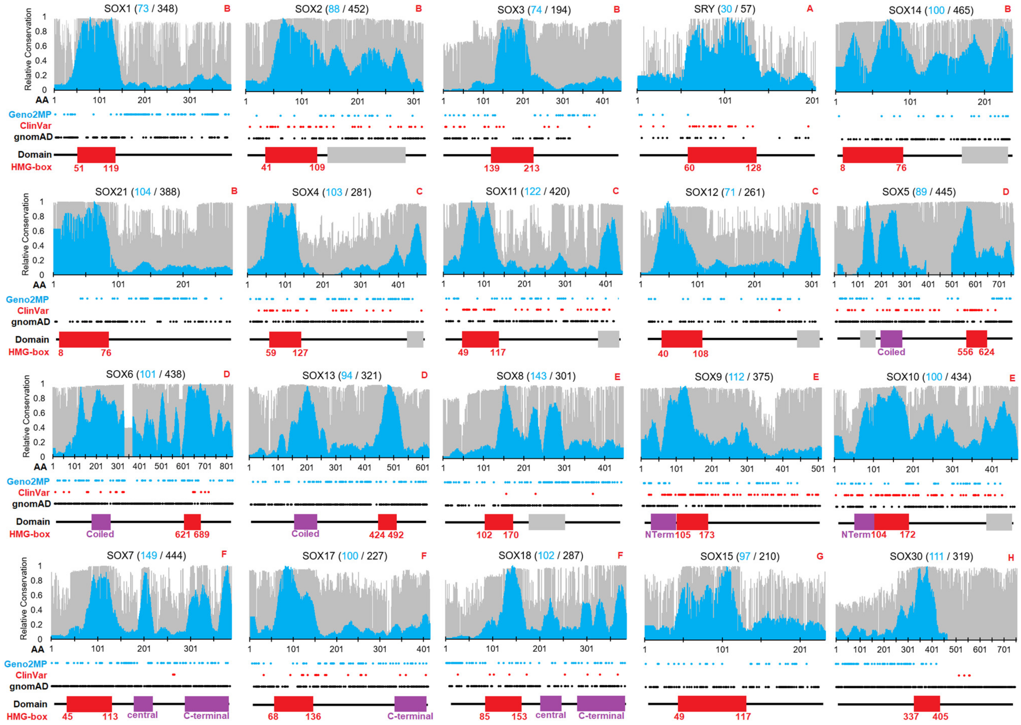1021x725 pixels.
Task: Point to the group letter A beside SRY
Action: tap(810, 9)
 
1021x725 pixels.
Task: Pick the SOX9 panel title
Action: tap(734, 377)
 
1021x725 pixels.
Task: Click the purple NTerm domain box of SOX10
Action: tap(864, 522)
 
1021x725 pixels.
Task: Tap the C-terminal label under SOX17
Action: tap(410, 716)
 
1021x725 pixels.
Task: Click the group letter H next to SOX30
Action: tap(1011, 558)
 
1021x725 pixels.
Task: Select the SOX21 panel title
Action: tap(137, 192)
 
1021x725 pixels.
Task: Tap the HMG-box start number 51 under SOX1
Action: tap(79, 168)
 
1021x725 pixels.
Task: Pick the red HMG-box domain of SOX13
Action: tap(387, 522)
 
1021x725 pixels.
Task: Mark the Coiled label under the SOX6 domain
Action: tap(100, 534)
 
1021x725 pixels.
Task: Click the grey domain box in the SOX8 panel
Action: tap(547, 522)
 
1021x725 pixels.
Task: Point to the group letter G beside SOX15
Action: tap(820, 556)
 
